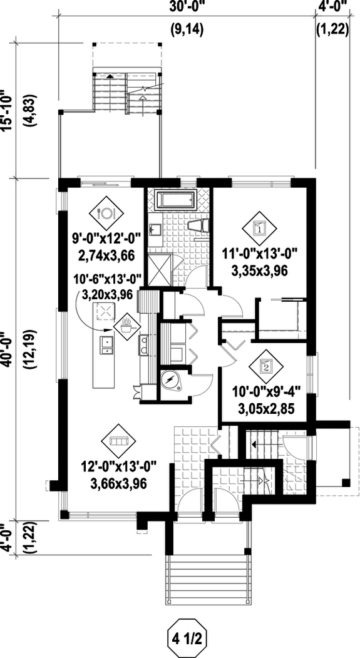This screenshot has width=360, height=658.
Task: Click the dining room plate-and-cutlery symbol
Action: [105, 212]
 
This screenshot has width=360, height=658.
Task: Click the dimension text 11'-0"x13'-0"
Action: [258, 254]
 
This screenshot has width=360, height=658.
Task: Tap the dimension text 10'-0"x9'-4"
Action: [266, 394]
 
